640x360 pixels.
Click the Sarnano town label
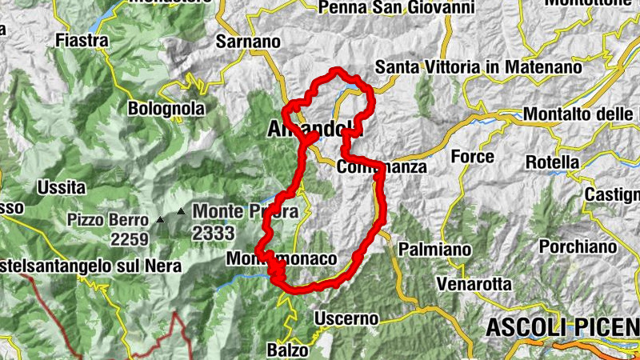coord(248,41)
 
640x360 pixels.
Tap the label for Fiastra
coord(83,38)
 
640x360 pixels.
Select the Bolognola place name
coord(166,108)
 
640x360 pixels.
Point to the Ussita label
coord(61,188)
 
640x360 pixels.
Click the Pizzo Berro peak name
coord(108,219)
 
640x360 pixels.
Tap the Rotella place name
coord(552,162)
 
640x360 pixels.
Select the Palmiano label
coord(434,249)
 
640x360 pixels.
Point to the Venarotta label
coord(474,284)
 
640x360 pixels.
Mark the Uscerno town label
coord(346,318)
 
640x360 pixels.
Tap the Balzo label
coord(288,350)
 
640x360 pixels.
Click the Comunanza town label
coord(382,168)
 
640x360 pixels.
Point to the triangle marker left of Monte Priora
coord(181,212)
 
